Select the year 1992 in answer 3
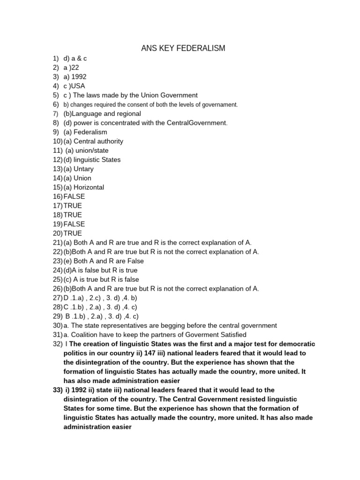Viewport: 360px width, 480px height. pos(79,77)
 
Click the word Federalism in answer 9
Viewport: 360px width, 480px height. pos(91,132)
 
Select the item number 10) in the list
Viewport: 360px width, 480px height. pos(57,141)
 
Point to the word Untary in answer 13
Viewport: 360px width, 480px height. pos(84,169)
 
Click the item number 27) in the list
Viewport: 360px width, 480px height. pos(57,298)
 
